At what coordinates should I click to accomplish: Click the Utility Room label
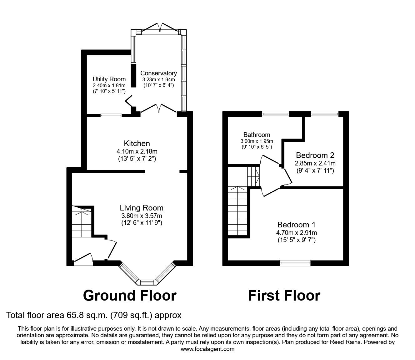[109, 79]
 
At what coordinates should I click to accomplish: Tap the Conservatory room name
[158, 73]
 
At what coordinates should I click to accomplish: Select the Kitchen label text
[137, 144]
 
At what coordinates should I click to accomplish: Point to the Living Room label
[142, 208]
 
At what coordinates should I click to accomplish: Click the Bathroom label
[257, 135]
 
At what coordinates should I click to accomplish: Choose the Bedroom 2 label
[315, 155]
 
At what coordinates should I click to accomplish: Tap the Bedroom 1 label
[296, 225]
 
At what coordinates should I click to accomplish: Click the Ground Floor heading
[130, 295]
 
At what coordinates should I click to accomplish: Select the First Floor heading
[284, 295]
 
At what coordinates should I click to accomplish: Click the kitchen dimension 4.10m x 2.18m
[137, 151]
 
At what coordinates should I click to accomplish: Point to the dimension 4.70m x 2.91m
[296, 233]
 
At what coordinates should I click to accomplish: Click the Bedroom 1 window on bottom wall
[295, 263]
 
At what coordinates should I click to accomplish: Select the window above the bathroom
[275, 114]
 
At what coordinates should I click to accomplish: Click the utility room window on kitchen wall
[111, 115]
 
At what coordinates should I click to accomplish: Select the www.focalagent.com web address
[207, 349]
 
